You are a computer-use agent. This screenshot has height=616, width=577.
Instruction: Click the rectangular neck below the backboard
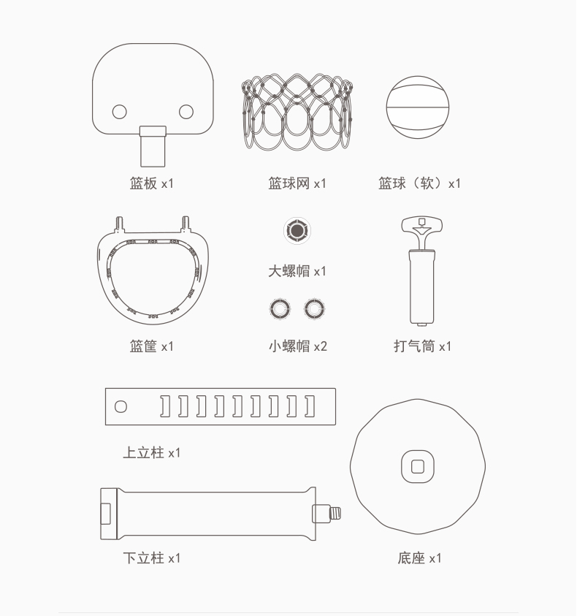coord(153,147)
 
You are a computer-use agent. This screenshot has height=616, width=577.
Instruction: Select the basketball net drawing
coord(297,112)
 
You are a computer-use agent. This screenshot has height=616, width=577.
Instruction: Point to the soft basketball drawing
coord(418,107)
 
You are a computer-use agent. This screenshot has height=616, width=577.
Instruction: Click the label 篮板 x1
coord(152,183)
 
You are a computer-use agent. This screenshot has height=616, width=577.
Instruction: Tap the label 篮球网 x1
coord(297,183)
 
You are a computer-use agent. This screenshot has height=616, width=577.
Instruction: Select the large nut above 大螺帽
coord(297,231)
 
